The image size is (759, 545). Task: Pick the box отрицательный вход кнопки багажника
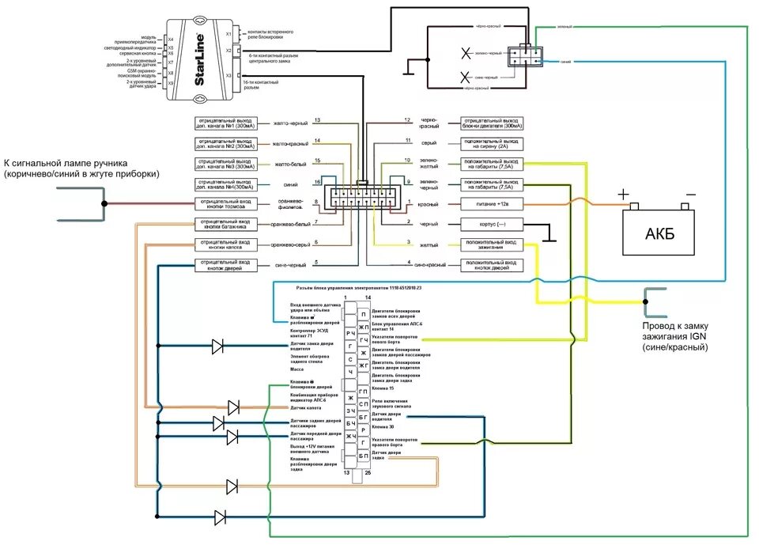point(226,224)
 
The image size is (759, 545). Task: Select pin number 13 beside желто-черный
point(316,120)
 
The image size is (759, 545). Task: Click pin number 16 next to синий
point(316,183)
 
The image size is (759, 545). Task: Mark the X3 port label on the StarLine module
point(228,76)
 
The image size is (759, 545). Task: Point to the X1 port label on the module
point(228,34)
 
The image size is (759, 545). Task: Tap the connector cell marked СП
point(363,404)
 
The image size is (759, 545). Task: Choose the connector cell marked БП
point(363,456)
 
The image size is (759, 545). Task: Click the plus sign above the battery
point(624,195)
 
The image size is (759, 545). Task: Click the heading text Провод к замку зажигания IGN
point(674,327)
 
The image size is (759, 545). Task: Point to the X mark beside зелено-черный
point(466,54)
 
